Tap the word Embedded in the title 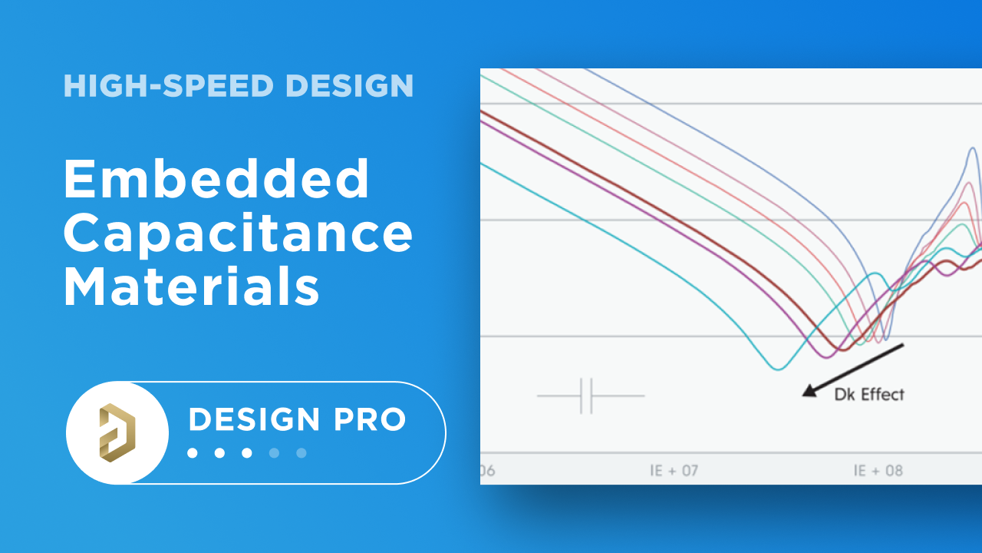click(217, 179)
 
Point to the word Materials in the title click(192, 288)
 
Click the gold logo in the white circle click(117, 432)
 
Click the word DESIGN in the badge click(255, 420)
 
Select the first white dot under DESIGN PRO click(193, 453)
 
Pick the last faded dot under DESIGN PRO click(302, 453)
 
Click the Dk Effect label click(869, 395)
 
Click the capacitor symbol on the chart click(588, 396)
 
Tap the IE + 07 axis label click(674, 470)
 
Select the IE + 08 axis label click(878, 470)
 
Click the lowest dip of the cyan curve click(779, 369)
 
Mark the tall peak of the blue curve click(973, 149)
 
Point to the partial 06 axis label click(487, 470)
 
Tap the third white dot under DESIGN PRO click(247, 453)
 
